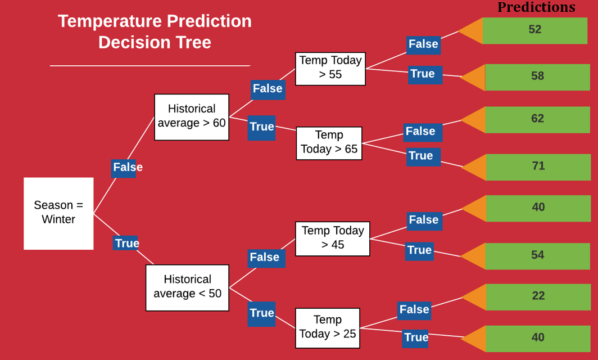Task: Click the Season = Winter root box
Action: [x=58, y=213]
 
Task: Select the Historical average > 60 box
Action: [x=192, y=117]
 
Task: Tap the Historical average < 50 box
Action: [x=187, y=288]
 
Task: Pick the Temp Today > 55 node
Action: [x=330, y=69]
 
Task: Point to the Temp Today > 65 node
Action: [x=329, y=143]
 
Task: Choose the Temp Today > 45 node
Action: [x=333, y=239]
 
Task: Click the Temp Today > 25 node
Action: [x=328, y=328]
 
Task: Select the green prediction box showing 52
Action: [x=534, y=30]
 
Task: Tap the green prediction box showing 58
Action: [x=537, y=77]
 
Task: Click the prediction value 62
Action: [x=538, y=118]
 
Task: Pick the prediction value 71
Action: [x=538, y=166]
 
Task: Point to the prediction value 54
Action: [x=538, y=255]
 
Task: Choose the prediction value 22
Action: [x=538, y=295]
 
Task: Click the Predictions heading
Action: [x=536, y=7]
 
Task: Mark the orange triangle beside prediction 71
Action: [x=474, y=167]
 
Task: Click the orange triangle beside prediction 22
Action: [x=474, y=297]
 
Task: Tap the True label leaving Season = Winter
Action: [x=126, y=243]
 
